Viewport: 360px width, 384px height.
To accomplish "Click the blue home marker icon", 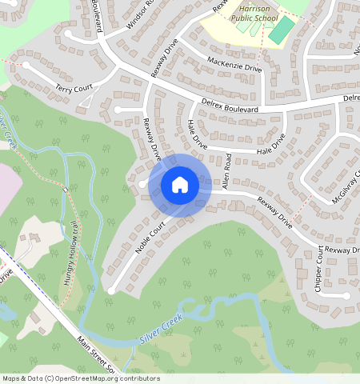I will tap(180, 185).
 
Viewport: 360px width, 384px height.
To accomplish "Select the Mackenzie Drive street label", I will tap(234, 64).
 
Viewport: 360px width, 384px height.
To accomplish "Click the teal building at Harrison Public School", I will tap(281, 30).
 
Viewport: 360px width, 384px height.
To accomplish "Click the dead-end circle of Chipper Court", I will tap(346, 295).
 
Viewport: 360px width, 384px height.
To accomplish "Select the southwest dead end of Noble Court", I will tap(111, 288).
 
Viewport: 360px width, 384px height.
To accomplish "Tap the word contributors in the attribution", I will tap(136, 378).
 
